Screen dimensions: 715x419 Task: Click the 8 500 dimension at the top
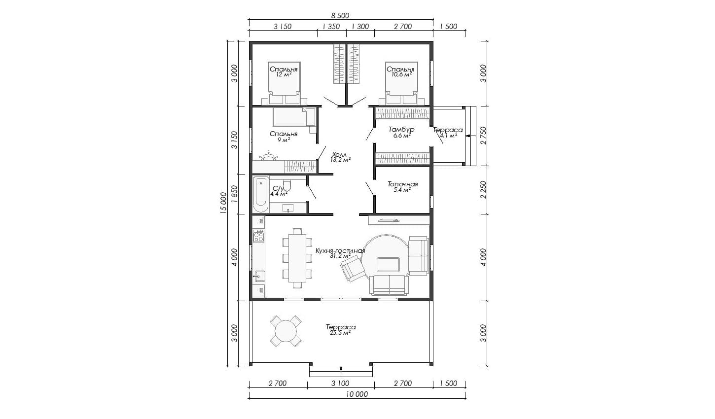pyautogui.click(x=340, y=15)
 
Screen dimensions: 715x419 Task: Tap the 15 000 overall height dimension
pyautogui.click(x=223, y=202)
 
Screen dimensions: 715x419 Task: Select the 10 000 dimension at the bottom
pyautogui.click(x=357, y=394)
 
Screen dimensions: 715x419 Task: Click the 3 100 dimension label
pyautogui.click(x=340, y=383)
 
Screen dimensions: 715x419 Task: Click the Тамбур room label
pyautogui.click(x=401, y=129)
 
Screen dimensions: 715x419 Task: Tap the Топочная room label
pyautogui.click(x=402, y=184)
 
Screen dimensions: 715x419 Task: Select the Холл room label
pyautogui.click(x=339, y=154)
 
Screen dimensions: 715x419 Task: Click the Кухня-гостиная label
pyautogui.click(x=340, y=250)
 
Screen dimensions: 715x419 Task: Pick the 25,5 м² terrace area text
pyautogui.click(x=341, y=333)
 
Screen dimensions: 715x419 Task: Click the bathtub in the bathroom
pyautogui.click(x=261, y=194)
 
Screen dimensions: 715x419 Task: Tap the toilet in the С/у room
pyautogui.click(x=287, y=185)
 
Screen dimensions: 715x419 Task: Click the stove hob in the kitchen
pyautogui.click(x=258, y=236)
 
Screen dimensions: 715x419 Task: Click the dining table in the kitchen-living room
pyautogui.click(x=297, y=258)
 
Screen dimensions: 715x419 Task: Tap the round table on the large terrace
pyautogui.click(x=286, y=331)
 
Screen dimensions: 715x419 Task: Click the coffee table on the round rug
pyautogui.click(x=388, y=265)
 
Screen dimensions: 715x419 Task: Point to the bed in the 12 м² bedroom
pyautogui.click(x=284, y=83)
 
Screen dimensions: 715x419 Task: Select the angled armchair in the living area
pyautogui.click(x=353, y=270)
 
